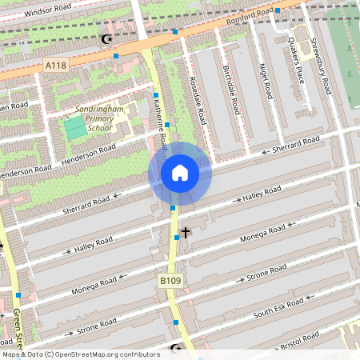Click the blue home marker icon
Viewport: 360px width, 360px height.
(x=180, y=172)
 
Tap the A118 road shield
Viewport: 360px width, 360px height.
(x=55, y=65)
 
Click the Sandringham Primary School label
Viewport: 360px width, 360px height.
(x=100, y=118)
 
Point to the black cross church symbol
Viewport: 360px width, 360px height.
(x=186, y=233)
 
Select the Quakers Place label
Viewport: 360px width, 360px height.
(x=297, y=55)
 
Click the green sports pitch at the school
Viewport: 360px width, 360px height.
(x=74, y=127)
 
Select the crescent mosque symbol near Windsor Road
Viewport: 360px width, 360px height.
(x=106, y=39)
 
